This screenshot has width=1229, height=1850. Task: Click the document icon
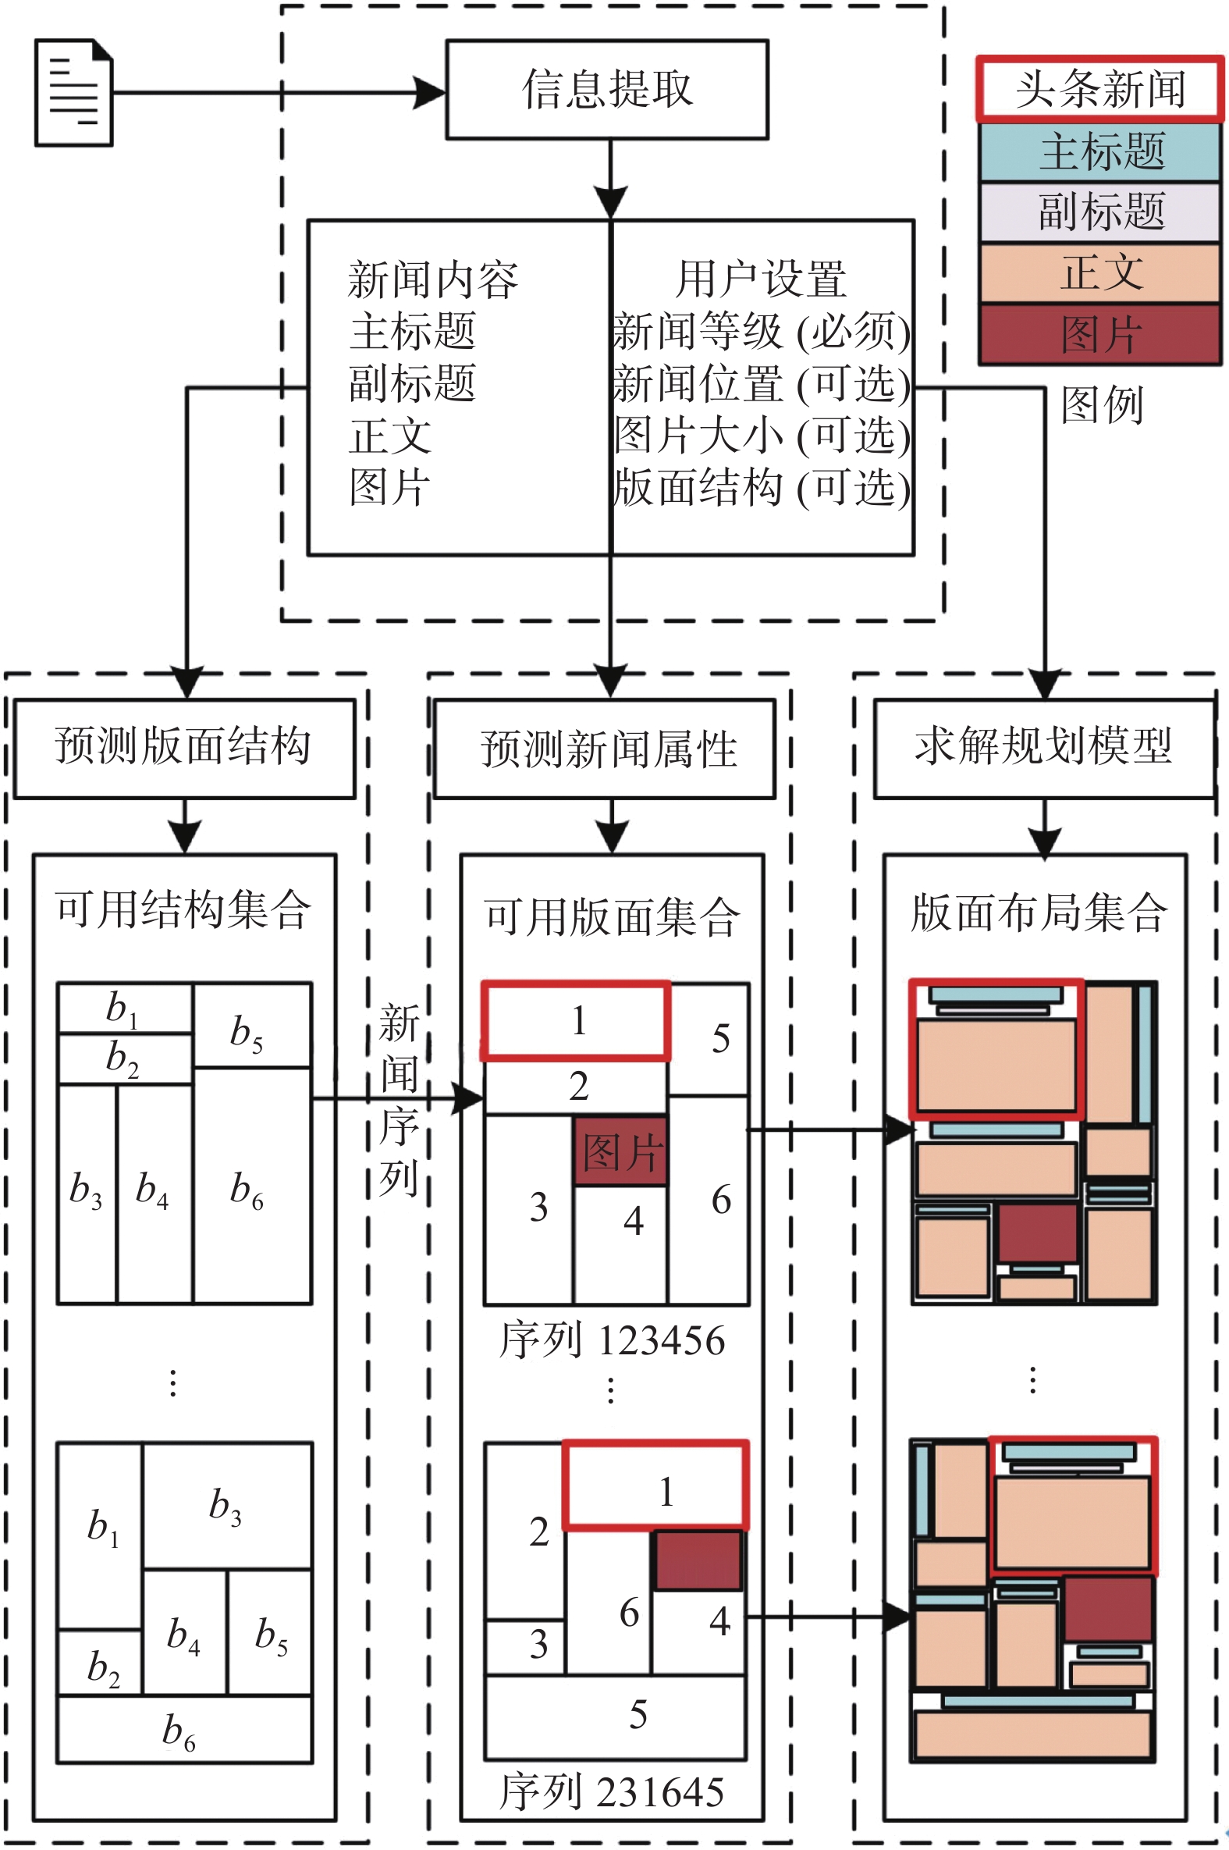74,92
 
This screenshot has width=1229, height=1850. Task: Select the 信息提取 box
606,89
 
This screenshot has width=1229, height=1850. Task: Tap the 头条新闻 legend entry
1099,88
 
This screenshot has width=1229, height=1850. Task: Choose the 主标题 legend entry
1099,152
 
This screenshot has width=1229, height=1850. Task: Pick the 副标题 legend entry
1099,212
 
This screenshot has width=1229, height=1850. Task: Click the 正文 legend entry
1099,272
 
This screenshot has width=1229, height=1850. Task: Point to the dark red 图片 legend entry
1099,335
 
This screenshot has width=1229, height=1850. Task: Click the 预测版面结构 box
184,747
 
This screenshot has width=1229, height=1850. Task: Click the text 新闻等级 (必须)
760,333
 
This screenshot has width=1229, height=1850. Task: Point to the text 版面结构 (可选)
760,488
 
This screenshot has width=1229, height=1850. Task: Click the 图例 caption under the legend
1101,404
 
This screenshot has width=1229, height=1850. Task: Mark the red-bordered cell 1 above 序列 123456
576,1020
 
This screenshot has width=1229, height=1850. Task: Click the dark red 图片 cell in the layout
621,1151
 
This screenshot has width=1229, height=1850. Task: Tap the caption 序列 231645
611,1791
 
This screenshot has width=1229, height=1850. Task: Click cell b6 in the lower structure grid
183,1730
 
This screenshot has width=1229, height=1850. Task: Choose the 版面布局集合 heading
1039,913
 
